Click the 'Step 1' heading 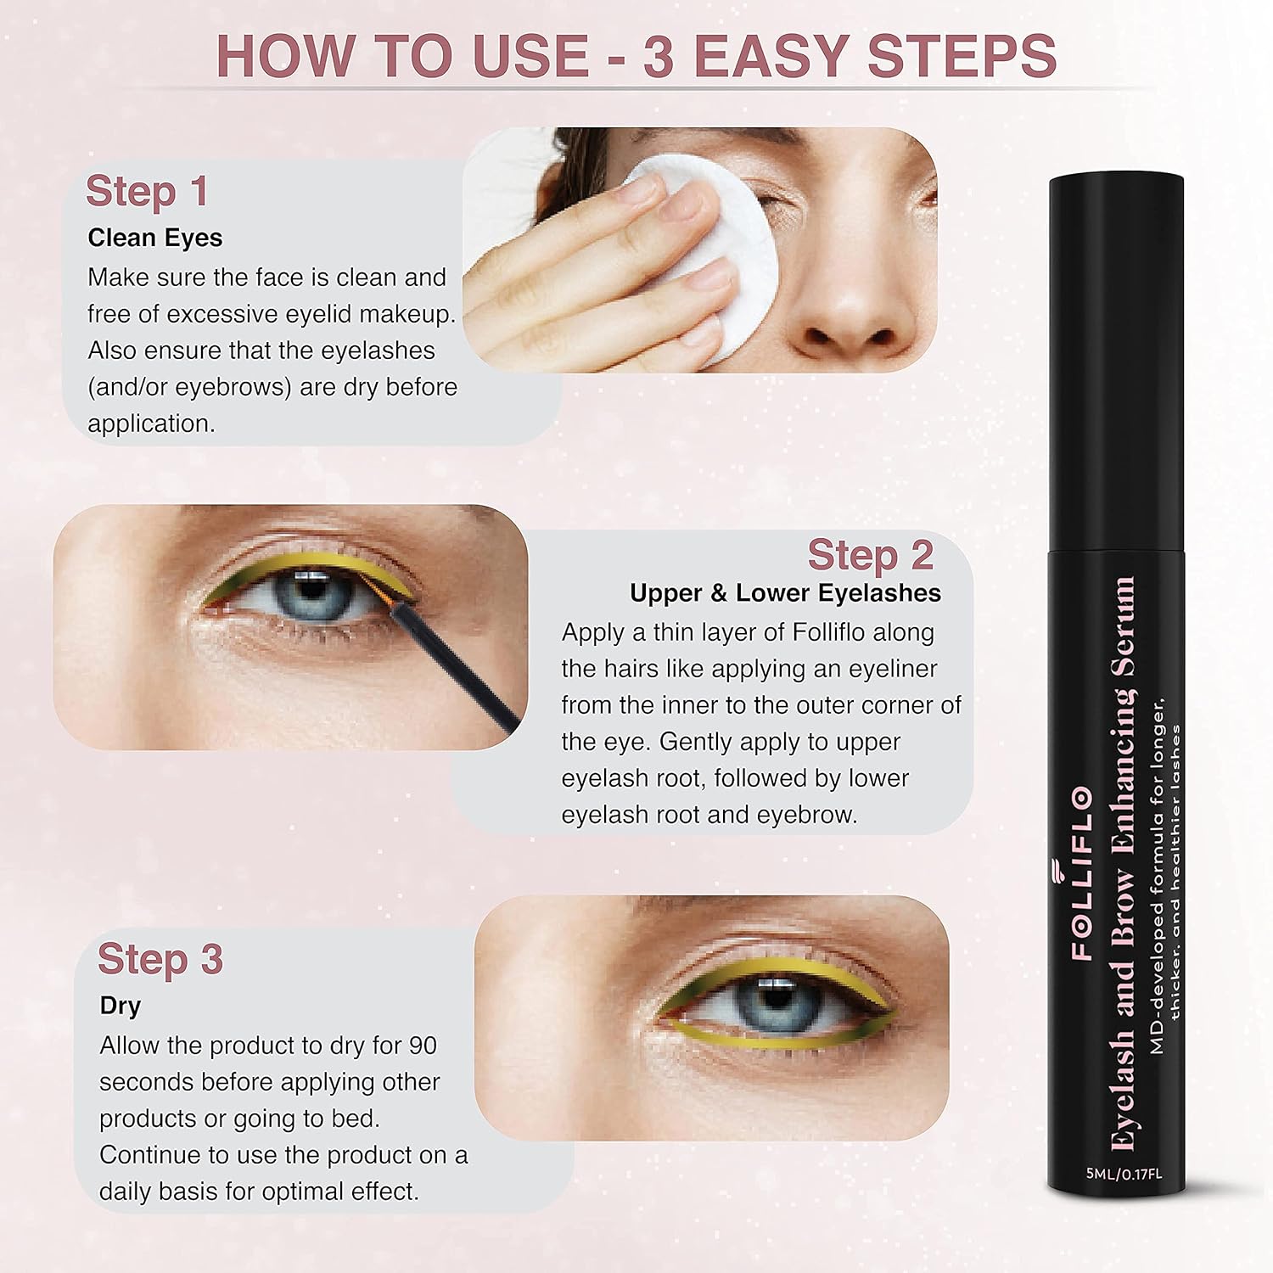tap(147, 191)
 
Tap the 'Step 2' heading tap(871, 555)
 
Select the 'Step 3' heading tap(160, 959)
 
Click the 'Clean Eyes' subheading tap(155, 238)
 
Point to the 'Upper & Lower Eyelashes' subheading tap(786, 592)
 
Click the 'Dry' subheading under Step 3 tap(120, 1006)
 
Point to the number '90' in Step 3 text tap(422, 1045)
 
